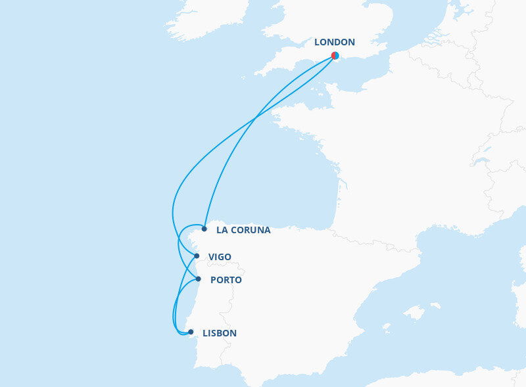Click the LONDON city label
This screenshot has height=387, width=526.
click(334, 43)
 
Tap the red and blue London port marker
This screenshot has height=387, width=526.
click(335, 56)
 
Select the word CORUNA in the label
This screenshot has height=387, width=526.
click(251, 231)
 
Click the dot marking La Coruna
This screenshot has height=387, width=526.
click(204, 229)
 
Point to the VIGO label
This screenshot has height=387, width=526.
click(220, 257)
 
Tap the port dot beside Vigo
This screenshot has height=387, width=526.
click(197, 256)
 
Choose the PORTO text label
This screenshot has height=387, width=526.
click(226, 281)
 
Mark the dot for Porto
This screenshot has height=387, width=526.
click(199, 279)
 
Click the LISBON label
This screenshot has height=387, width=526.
click(220, 334)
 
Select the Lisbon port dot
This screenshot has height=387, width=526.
click(191, 332)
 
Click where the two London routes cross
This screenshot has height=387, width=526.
click(256, 118)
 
